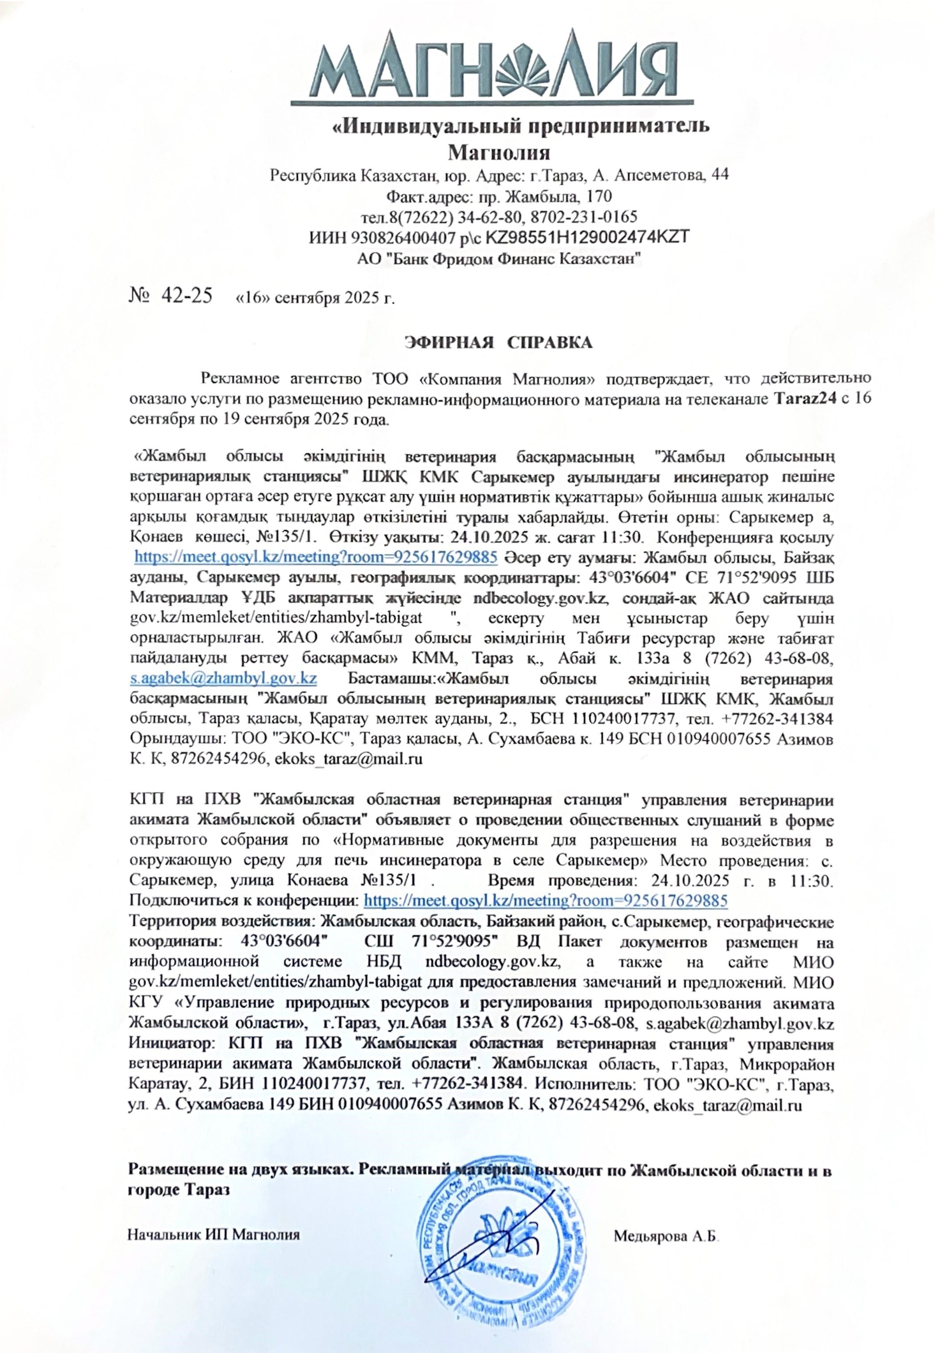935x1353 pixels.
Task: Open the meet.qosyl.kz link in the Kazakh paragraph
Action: pyautogui.click(x=316, y=556)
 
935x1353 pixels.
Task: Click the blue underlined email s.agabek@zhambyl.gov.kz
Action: pyautogui.click(x=223, y=678)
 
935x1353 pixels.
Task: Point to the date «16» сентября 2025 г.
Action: pyautogui.click(x=314, y=298)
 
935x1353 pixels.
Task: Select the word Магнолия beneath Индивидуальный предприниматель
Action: pyautogui.click(x=499, y=153)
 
